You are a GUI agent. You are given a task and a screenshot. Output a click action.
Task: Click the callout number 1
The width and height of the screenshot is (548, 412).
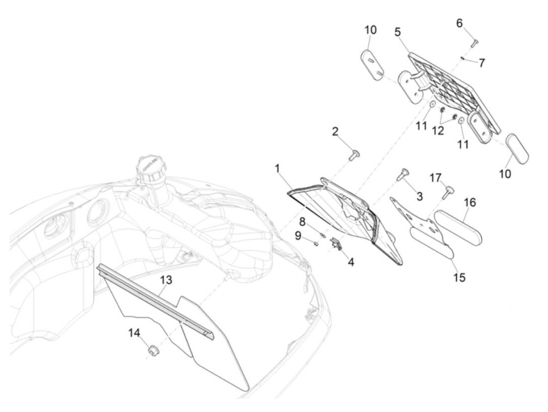(x=277, y=169)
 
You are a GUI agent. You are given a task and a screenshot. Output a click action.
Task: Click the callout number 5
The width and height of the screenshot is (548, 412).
(x=398, y=32)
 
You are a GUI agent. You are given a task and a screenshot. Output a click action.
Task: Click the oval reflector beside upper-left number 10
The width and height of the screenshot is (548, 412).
(x=371, y=65)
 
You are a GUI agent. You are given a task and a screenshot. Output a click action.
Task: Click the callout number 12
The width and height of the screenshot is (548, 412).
(x=438, y=131)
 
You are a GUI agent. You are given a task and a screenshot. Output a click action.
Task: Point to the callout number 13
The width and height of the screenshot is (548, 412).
(x=166, y=280)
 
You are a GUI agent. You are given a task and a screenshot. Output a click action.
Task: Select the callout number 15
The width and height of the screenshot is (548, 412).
(x=459, y=277)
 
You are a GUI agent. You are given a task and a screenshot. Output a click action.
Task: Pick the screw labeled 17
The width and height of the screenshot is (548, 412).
(x=449, y=192)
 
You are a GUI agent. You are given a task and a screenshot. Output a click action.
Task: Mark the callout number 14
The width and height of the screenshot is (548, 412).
(x=134, y=333)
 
